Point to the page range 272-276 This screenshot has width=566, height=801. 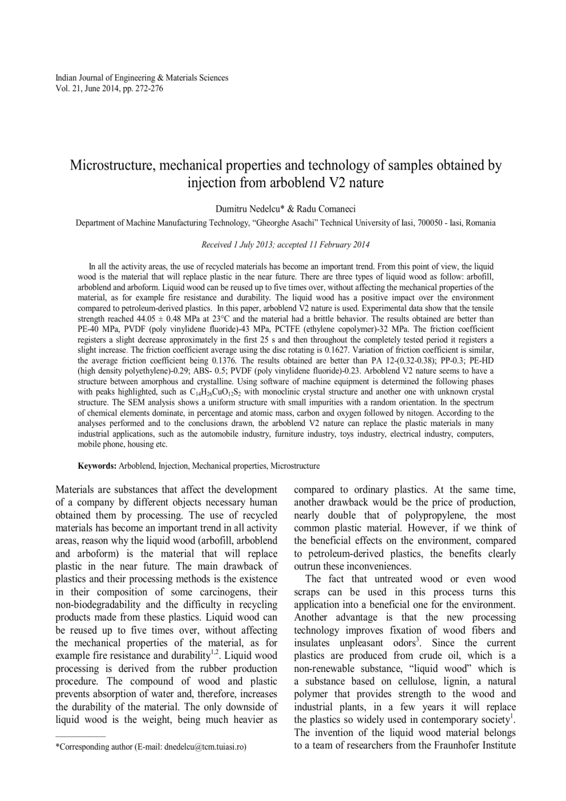point(149,88)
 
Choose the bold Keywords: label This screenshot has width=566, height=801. point(97,466)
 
